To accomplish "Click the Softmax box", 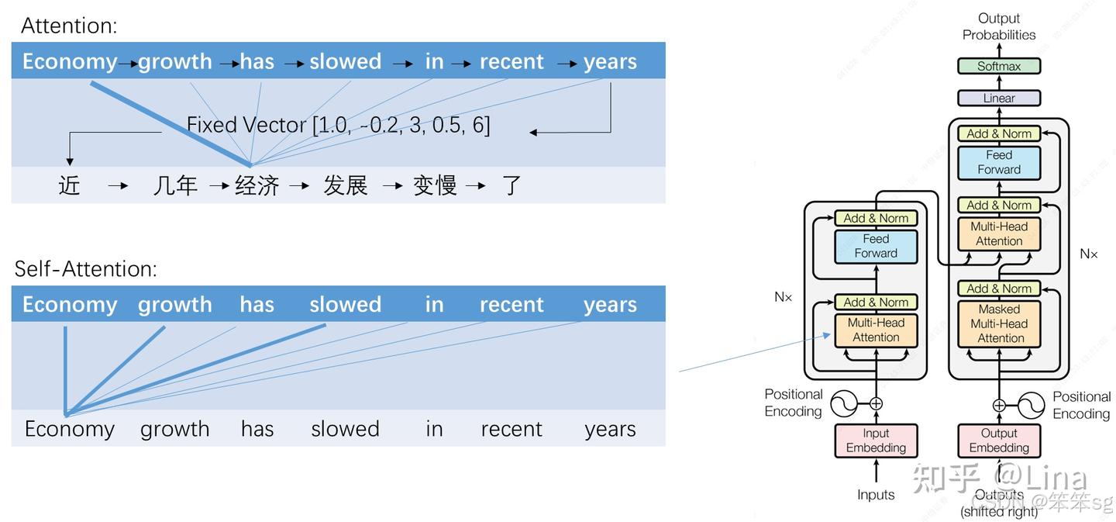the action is pos(998,66).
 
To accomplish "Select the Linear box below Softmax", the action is pos(998,99).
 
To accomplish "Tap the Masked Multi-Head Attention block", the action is pos(999,323).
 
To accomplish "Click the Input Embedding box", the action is pos(876,441).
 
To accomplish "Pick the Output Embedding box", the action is pos(999,441).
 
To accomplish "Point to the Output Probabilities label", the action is pos(999,26).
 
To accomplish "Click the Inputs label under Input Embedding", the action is pos(876,495).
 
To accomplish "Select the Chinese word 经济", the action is pos(257,185).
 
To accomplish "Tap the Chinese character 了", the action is pos(511,185).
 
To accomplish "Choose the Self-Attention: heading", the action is pos(86,268).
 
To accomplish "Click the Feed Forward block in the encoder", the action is pos(876,246).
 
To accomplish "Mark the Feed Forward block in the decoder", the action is pos(999,162).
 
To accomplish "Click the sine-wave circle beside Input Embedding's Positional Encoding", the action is pos(844,403).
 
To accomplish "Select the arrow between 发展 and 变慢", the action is pos(392,186).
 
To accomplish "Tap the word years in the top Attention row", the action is pos(610,61).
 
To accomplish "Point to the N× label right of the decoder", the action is pos(1089,254).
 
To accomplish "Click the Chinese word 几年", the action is pos(175,185).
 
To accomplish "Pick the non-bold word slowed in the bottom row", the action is pos(345,429).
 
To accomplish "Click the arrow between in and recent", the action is pos(461,64).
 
